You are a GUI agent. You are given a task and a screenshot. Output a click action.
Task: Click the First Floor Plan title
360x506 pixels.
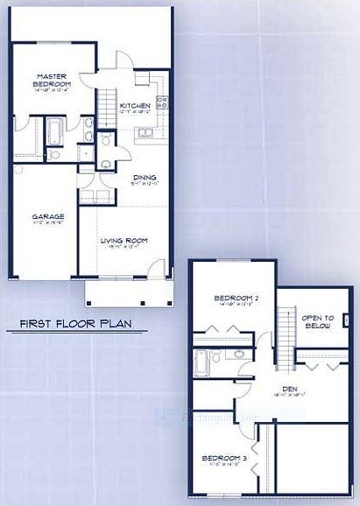76,326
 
